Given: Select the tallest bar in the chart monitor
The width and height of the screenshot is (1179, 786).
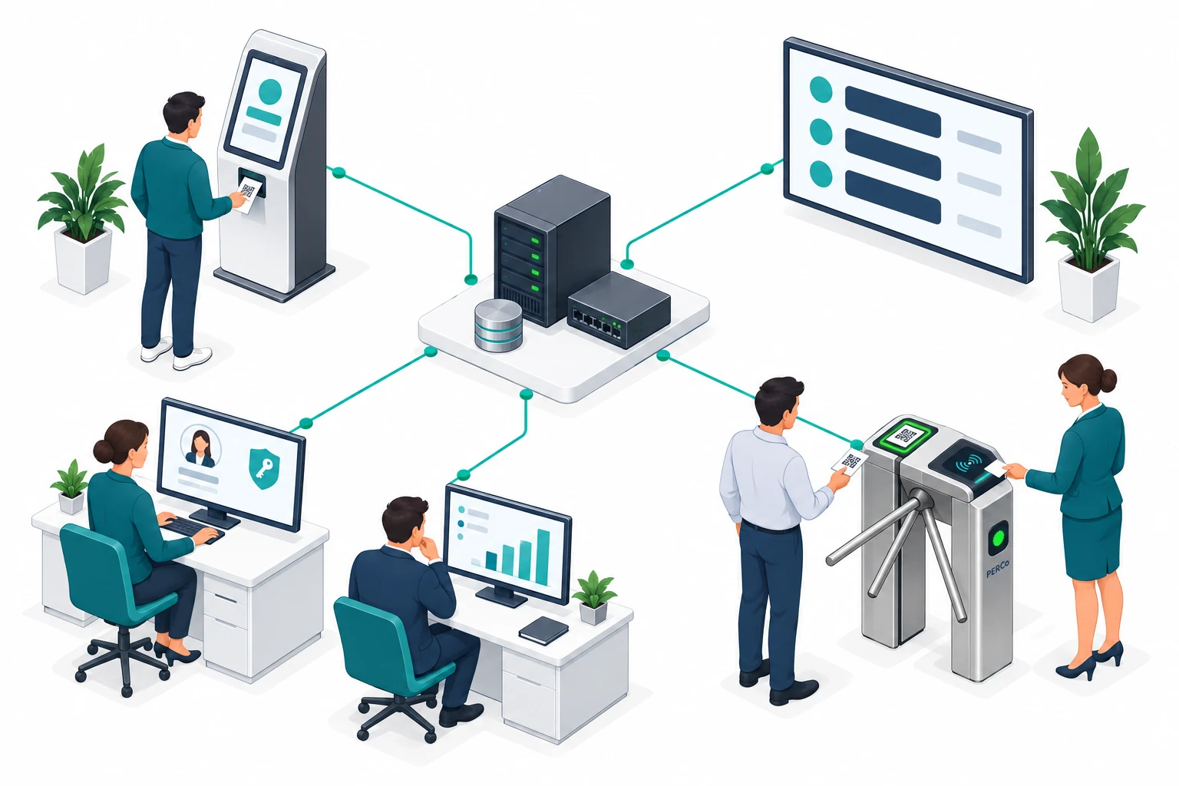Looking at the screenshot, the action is pyautogui.click(x=543, y=557).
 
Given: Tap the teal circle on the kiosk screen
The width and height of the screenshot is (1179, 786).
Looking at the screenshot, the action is pyautogui.click(x=270, y=91).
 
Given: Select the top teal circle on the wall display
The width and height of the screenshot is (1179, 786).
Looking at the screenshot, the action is pyautogui.click(x=821, y=89).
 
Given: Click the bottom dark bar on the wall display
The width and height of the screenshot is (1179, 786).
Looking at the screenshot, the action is pyautogui.click(x=893, y=196).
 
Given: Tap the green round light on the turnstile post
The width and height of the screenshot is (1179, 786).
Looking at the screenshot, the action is pyautogui.click(x=997, y=538).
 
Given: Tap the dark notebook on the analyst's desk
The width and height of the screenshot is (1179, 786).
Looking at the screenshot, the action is pyautogui.click(x=543, y=629).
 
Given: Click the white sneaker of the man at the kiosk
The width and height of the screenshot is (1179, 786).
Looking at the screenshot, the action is pyautogui.click(x=192, y=358).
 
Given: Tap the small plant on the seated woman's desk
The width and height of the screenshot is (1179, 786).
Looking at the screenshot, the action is pyautogui.click(x=71, y=486).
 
